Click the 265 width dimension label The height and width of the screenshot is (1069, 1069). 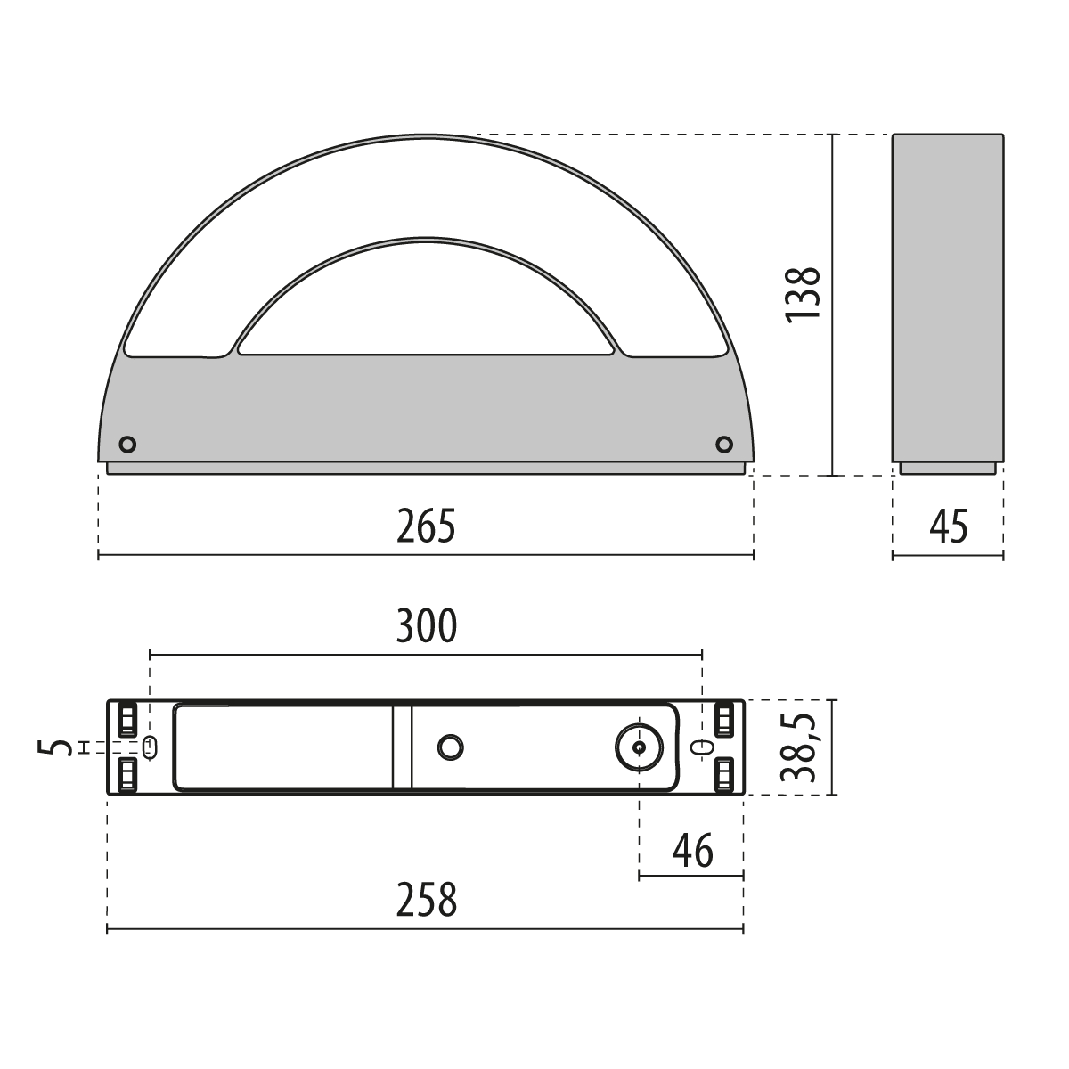pyautogui.click(x=426, y=526)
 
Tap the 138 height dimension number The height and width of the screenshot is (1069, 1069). pyautogui.click(x=802, y=293)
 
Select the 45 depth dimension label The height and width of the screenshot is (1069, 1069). pyautogui.click(x=948, y=526)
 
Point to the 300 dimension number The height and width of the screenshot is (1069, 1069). pyautogui.click(x=426, y=625)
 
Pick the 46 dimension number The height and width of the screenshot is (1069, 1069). pyautogui.click(x=692, y=851)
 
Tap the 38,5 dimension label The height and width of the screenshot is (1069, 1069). pyautogui.click(x=798, y=747)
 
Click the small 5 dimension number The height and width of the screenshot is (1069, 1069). pyautogui.click(x=55, y=747)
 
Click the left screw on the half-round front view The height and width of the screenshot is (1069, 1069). pyautogui.click(x=127, y=445)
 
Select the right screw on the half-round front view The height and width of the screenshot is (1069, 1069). pyautogui.click(x=724, y=445)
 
